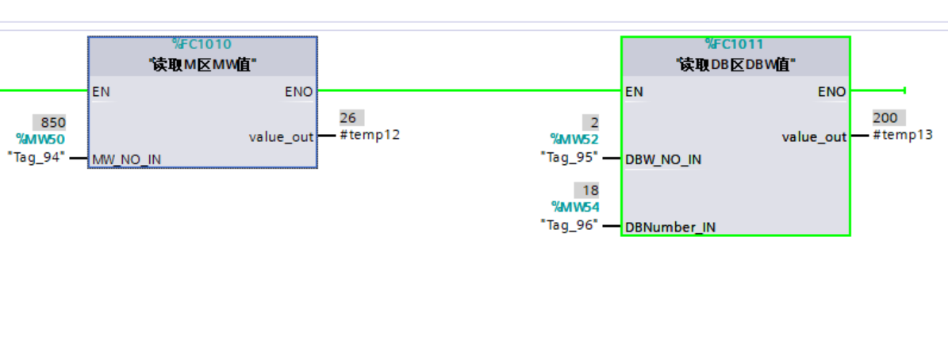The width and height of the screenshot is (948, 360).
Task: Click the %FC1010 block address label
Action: pyautogui.click(x=202, y=44)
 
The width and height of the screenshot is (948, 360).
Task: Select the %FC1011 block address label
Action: pyautogui.click(x=735, y=44)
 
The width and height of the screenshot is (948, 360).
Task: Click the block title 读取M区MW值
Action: pyautogui.click(x=202, y=65)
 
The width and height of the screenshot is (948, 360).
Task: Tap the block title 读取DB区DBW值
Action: pyautogui.click(x=735, y=65)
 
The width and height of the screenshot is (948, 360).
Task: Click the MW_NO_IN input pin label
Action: pyautogui.click(x=127, y=159)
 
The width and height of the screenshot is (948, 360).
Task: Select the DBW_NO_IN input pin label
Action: pyautogui.click(x=663, y=159)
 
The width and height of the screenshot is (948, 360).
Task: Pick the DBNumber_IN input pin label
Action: pyautogui.click(x=670, y=228)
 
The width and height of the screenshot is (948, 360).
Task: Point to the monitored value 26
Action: pyautogui.click(x=348, y=118)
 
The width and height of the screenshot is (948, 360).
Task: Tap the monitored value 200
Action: pyautogui.click(x=885, y=118)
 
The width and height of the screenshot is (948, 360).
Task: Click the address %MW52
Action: pyautogui.click(x=574, y=140)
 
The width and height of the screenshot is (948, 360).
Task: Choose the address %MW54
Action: pyautogui.click(x=574, y=208)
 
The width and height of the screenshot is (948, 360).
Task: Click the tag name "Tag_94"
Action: pyautogui.click(x=36, y=156)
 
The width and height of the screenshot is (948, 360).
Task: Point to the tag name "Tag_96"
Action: pyautogui.click(x=570, y=224)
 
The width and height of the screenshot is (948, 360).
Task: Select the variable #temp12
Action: pyautogui.click(x=370, y=135)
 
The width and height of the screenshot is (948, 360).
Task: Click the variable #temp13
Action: pyautogui.click(x=903, y=135)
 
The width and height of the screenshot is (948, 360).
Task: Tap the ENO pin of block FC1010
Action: pyautogui.click(x=298, y=92)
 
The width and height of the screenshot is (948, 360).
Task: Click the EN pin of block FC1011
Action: pyautogui.click(x=634, y=92)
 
